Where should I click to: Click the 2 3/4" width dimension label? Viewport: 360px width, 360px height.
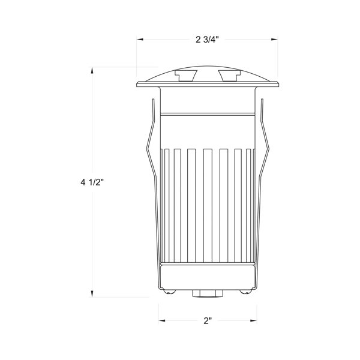(207, 40)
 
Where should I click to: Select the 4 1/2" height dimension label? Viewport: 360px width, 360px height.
(92, 182)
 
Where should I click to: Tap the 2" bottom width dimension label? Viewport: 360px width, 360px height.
(208, 320)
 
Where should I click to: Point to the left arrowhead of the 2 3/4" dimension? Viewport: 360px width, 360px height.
(140, 40)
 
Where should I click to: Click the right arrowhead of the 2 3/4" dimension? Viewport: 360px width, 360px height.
(274, 40)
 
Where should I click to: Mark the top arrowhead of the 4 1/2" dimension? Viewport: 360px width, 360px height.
(92, 70)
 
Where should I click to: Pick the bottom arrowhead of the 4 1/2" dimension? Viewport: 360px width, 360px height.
(92, 294)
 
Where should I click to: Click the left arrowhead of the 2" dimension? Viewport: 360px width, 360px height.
(162, 320)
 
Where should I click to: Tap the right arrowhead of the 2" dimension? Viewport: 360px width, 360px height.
(253, 320)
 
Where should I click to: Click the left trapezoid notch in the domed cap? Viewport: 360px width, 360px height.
(186, 76)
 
